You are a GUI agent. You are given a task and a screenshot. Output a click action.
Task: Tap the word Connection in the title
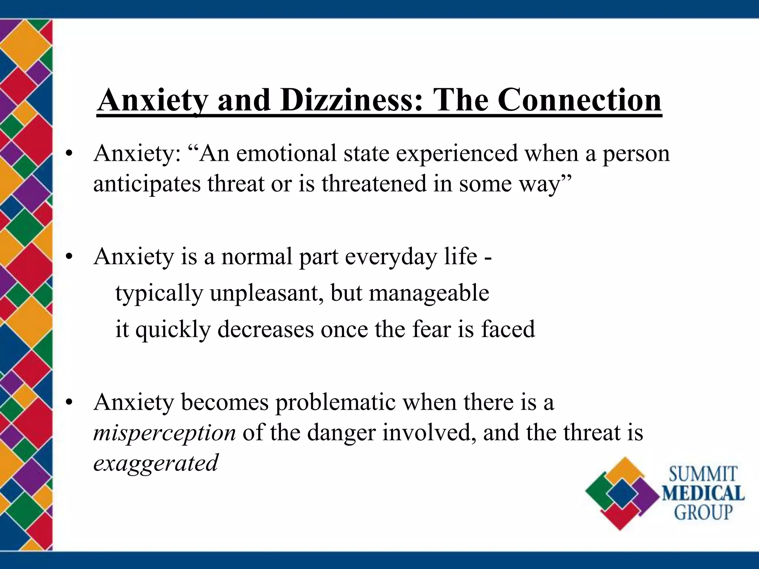pyautogui.click(x=579, y=101)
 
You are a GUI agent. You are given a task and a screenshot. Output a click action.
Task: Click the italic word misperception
pyautogui.click(x=164, y=433)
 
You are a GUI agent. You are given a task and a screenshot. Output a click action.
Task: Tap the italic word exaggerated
pyautogui.click(x=156, y=463)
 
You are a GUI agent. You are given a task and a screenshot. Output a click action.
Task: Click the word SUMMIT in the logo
pyautogui.click(x=703, y=475)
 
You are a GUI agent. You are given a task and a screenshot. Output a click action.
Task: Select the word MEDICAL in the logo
pyautogui.click(x=703, y=493)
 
